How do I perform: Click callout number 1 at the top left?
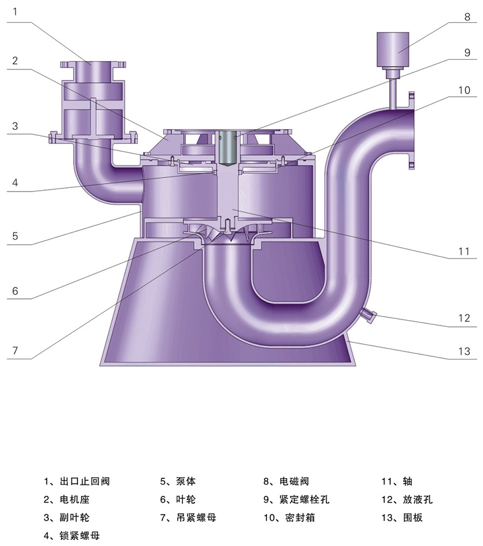pos(15,12)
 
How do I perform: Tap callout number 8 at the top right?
pos(467,17)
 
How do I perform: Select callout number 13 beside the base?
pos(464,351)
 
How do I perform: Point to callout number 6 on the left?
pos(15,291)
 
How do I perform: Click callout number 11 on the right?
pos(464,251)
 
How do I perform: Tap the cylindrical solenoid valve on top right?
pos(393,50)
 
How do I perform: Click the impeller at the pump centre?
pos(227,232)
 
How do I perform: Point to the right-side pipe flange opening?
pos(411,130)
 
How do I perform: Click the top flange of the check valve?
pos(93,65)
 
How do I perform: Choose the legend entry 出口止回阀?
pos(77,481)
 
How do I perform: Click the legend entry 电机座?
pos(66,499)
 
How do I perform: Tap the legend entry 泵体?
pos(178,481)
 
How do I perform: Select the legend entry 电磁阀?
pos(286,481)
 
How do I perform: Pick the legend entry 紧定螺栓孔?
pos(296,499)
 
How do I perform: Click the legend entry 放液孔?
pos(407,499)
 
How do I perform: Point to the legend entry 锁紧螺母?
pos(72,535)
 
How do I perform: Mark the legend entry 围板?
pos(402,518)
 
